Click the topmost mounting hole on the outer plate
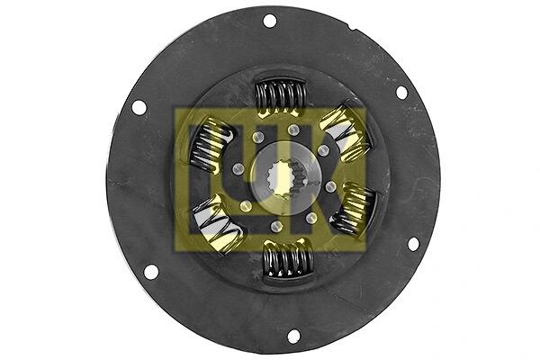pos(270,21)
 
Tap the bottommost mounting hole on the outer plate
pos(293,337)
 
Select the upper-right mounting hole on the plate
pos(401,93)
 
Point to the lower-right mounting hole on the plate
pos(413,244)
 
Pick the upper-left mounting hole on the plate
pos(139,108)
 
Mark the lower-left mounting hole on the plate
pos(151,272)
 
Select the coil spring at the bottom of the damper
pos(288,259)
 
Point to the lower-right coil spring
pos(354,209)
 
